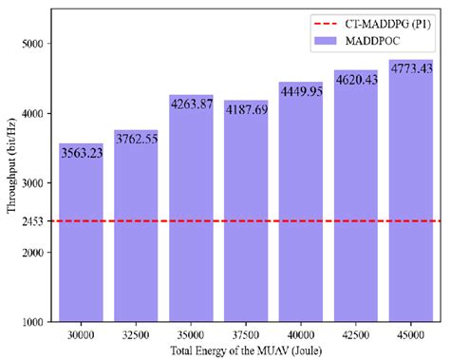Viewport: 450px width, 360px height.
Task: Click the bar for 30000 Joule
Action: click(81, 237)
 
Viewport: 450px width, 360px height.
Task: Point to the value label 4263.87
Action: click(191, 104)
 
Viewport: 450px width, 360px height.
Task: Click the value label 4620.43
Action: click(356, 80)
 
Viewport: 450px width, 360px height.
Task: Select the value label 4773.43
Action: click(411, 69)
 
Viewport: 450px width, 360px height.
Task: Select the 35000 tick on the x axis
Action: click(191, 334)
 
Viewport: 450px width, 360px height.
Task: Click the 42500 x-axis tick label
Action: click(356, 334)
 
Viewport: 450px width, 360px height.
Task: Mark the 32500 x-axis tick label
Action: click(136, 334)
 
